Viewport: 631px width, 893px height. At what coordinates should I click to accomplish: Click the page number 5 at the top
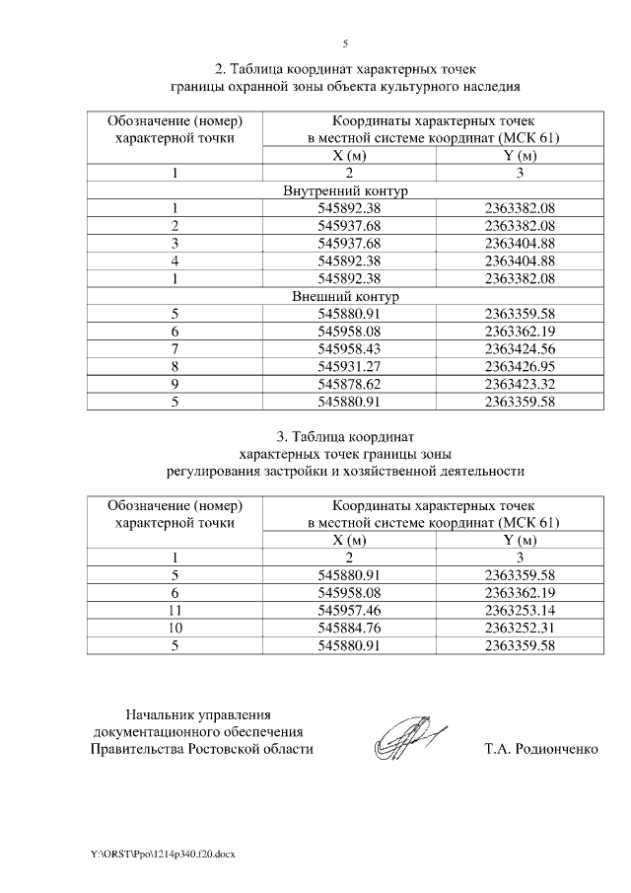point(345,44)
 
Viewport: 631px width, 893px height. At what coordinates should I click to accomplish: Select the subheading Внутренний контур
point(345,190)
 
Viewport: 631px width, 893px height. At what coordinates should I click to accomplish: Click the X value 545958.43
point(345,349)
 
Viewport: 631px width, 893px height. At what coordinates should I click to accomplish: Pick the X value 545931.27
point(345,367)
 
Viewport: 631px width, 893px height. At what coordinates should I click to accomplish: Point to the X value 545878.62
point(345,385)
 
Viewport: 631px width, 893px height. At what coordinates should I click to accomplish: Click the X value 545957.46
point(345,611)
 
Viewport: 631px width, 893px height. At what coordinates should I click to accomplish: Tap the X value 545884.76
point(345,629)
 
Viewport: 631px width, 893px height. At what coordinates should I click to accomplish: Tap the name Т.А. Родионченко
point(541,749)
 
